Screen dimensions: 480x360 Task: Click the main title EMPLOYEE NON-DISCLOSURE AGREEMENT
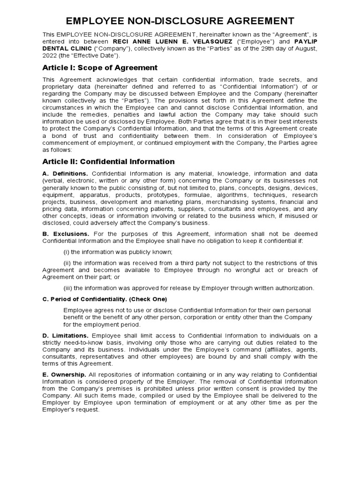[180, 21]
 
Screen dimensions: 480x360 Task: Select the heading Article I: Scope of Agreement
[100, 67]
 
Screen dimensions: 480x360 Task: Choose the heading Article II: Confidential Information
[108, 161]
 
